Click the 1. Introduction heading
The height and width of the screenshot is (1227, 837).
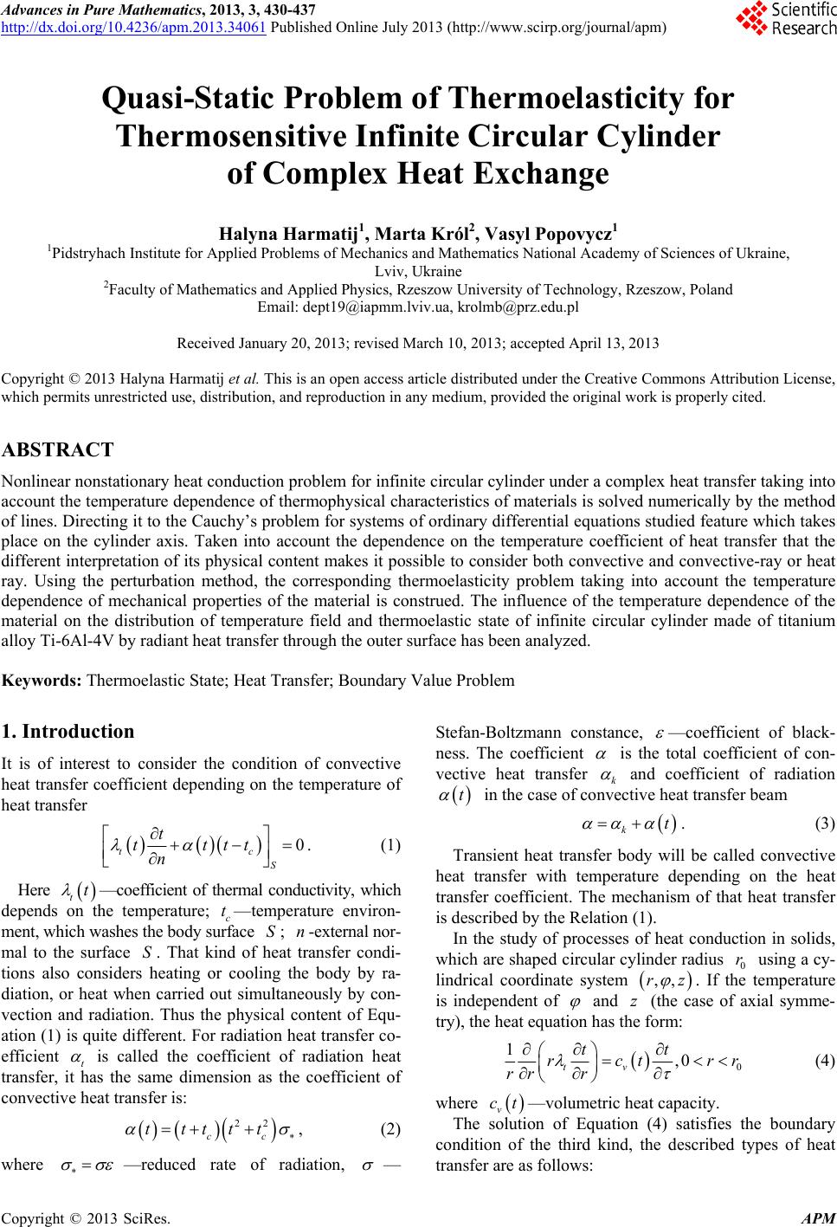coord(68,731)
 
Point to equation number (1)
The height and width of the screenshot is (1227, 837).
coord(390,844)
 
